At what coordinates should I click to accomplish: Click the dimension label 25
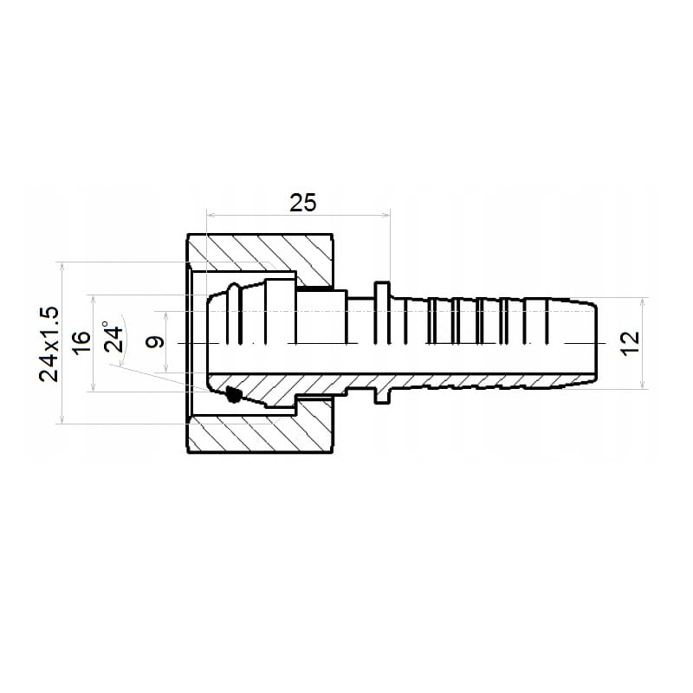click(303, 203)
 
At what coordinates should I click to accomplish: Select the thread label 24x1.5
click(49, 344)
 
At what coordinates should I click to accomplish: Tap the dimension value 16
click(81, 342)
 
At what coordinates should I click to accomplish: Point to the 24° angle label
click(113, 337)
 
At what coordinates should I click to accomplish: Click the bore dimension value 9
click(156, 342)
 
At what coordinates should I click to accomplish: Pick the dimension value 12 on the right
click(631, 343)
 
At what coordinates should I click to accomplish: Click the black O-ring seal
click(232, 394)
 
